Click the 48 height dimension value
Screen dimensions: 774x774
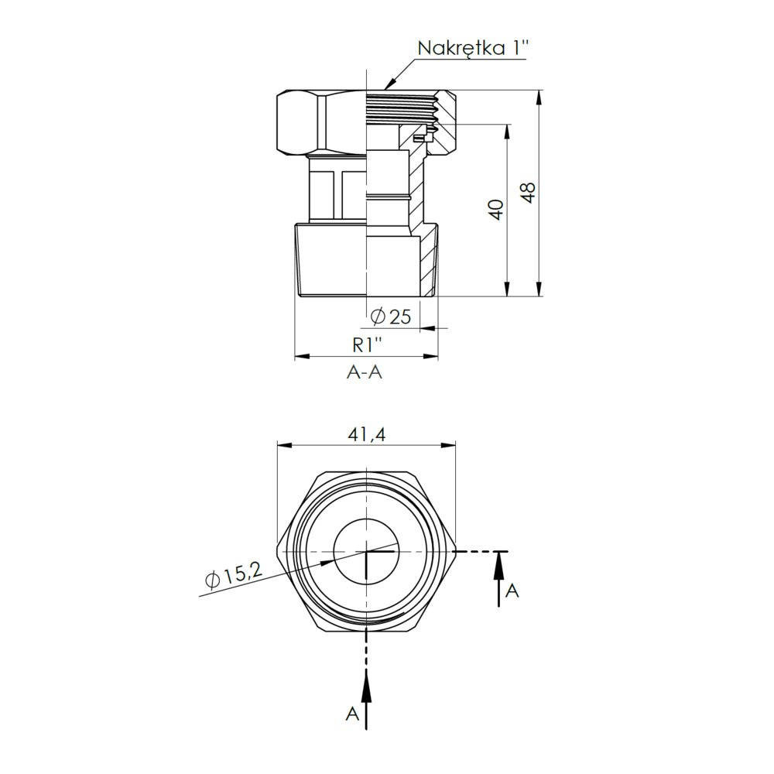click(529, 193)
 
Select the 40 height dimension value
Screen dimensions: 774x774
click(498, 210)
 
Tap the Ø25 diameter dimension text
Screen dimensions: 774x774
click(390, 317)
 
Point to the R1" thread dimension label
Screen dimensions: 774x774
click(368, 345)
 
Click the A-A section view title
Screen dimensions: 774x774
click(365, 372)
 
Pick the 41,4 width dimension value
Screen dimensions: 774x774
click(367, 434)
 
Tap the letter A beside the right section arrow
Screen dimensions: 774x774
click(512, 591)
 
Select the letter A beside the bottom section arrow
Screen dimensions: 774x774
click(352, 714)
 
